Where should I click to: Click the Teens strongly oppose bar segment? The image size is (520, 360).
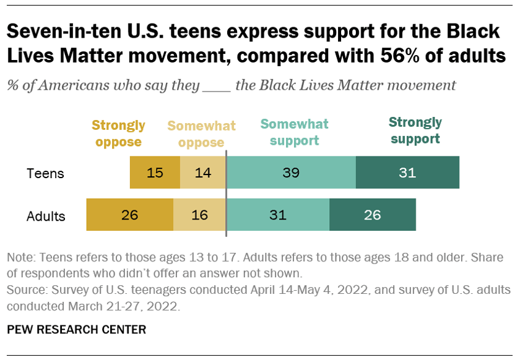click(155, 173)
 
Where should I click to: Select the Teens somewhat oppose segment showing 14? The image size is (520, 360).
click(203, 173)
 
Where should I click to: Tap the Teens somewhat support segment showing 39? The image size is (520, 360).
click(291, 173)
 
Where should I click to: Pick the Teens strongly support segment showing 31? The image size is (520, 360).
click(407, 173)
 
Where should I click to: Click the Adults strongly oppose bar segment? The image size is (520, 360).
click(129, 215)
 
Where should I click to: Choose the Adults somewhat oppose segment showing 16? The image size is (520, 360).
click(199, 215)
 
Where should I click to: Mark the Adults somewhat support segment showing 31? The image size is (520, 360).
click(278, 215)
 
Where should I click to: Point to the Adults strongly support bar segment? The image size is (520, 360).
click(373, 215)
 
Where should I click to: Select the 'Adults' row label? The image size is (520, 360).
click(46, 216)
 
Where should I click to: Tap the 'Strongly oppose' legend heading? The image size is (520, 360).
click(118, 134)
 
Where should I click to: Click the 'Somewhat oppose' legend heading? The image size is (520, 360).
click(201, 134)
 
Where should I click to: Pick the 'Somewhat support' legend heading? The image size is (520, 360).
click(294, 132)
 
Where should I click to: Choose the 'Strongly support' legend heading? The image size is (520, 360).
click(415, 131)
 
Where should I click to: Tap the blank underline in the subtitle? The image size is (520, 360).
click(217, 85)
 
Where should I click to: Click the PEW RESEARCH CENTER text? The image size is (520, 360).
click(77, 330)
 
